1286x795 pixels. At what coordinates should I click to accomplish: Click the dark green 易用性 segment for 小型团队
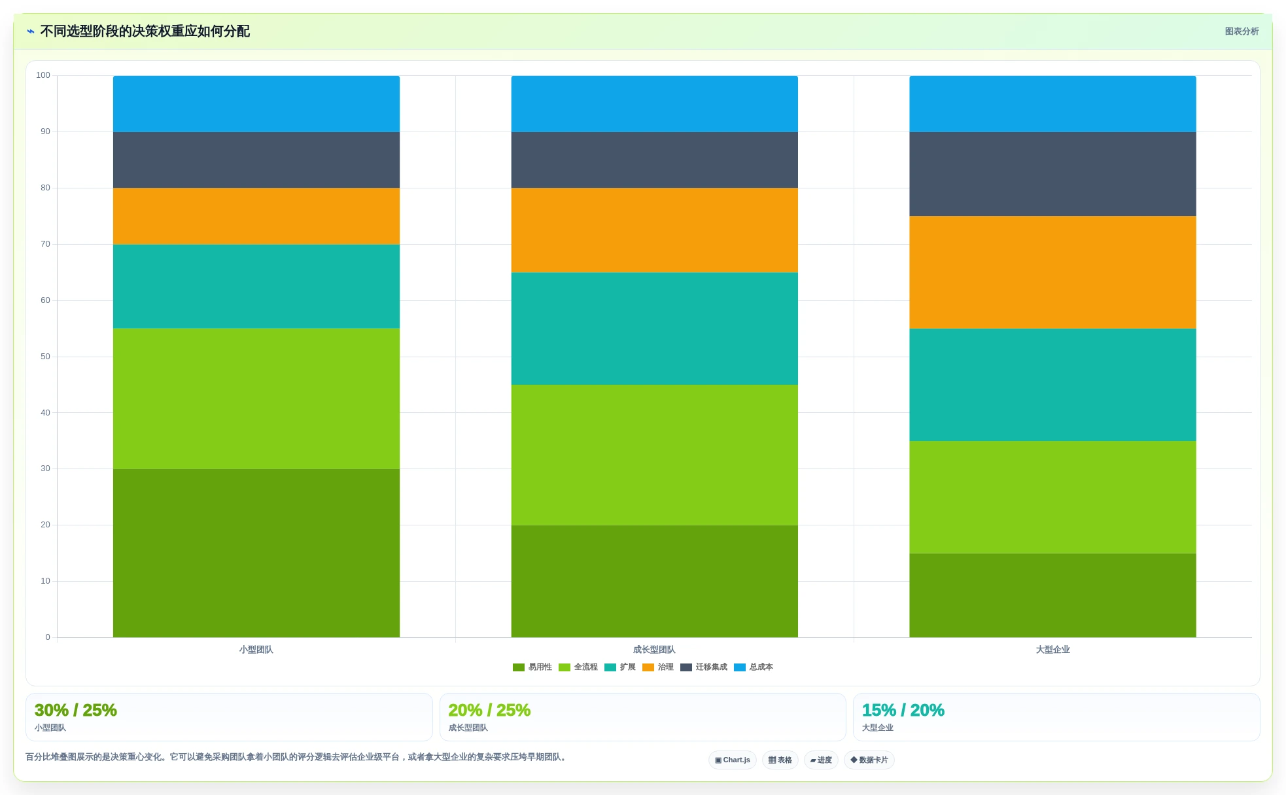coord(256,553)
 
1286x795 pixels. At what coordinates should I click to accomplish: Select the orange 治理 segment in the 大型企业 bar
coord(1052,272)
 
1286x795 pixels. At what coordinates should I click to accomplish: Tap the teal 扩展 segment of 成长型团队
coord(654,328)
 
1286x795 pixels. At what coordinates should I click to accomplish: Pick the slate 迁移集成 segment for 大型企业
coord(1052,174)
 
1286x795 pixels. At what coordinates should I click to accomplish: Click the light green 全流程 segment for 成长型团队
coord(654,455)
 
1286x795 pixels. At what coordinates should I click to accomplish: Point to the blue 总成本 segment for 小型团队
coord(256,104)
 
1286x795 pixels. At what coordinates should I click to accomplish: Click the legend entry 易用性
coord(532,667)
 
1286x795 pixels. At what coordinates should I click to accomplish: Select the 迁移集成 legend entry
coord(704,667)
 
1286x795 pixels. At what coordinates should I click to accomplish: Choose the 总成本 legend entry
coord(754,667)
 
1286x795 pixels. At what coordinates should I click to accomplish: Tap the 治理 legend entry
coord(658,667)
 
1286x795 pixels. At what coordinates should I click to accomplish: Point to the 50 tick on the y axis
coord(45,357)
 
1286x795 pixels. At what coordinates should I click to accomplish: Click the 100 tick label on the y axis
coord(43,75)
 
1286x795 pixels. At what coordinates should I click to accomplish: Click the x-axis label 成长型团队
coord(654,650)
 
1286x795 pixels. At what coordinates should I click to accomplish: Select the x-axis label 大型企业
coord(1052,650)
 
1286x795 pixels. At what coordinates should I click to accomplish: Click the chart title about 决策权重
coord(145,31)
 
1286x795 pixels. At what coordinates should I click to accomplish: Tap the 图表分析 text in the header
coord(1242,31)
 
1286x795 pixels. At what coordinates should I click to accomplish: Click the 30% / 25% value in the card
coord(76,710)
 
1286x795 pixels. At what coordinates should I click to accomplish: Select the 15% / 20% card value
coord(903,710)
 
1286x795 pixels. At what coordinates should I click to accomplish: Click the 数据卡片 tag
coord(869,760)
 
